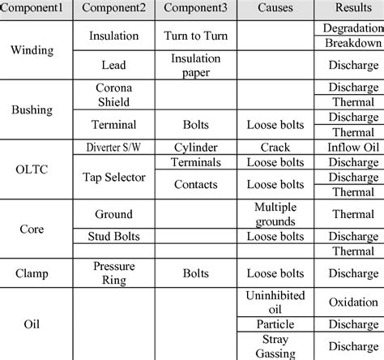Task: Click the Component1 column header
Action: [x=36, y=9]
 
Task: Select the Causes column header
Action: [x=275, y=9]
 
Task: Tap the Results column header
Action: [x=353, y=9]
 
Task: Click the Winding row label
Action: [x=32, y=50]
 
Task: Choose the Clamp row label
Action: [x=32, y=273]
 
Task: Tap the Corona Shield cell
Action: [x=114, y=94]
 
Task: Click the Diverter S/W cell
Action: [x=114, y=147]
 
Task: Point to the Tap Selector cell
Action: [x=114, y=176]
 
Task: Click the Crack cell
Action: [x=275, y=147]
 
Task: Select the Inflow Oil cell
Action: [x=353, y=147]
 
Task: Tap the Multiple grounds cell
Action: [x=275, y=214]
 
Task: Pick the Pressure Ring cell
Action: [x=114, y=272]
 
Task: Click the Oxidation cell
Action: [x=353, y=302]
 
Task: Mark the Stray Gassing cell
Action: [x=275, y=346]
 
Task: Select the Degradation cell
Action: [x=353, y=28]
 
